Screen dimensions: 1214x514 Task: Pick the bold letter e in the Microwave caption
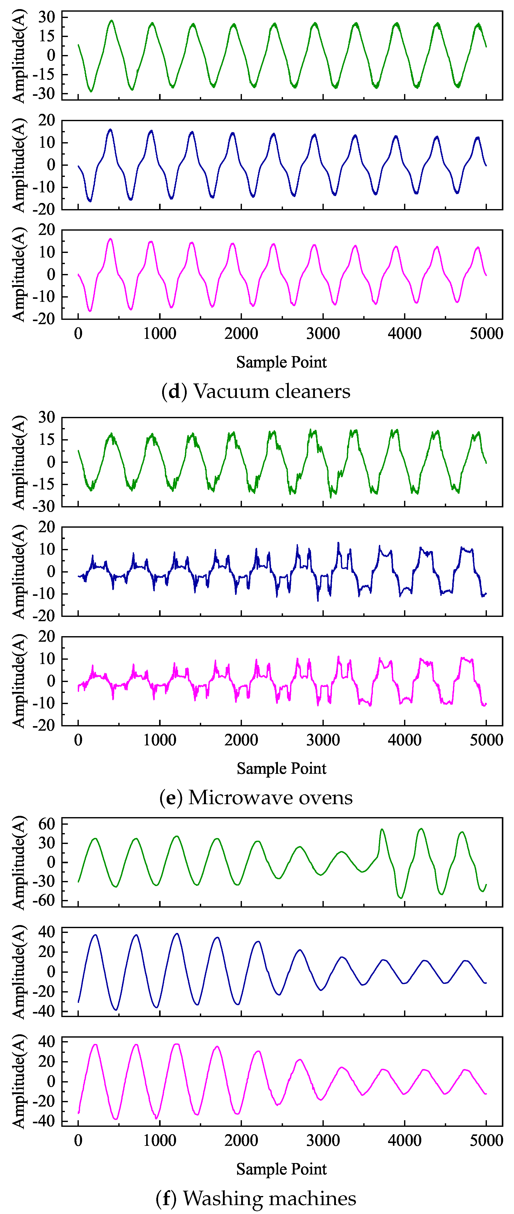(170, 797)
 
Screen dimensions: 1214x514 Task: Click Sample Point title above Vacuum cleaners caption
(281, 362)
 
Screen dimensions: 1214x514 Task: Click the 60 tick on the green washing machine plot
(47, 824)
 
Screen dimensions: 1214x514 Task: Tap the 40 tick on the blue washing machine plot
(47, 932)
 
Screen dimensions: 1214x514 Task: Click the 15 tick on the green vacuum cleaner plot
(47, 36)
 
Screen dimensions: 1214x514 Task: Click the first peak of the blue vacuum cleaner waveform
(110, 129)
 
